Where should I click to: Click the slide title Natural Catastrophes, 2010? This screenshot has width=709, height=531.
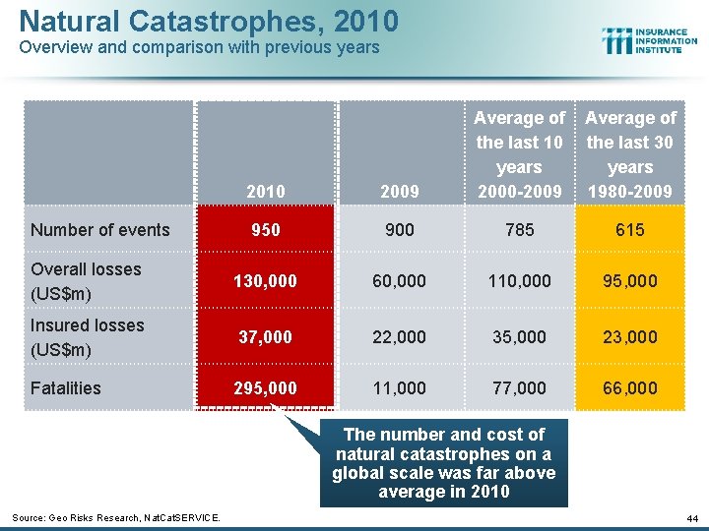pyautogui.click(x=209, y=21)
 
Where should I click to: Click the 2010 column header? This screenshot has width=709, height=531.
pyautogui.click(x=266, y=192)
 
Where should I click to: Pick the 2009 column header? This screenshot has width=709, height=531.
pyautogui.click(x=399, y=192)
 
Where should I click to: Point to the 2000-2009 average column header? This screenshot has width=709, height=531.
pyautogui.click(x=519, y=154)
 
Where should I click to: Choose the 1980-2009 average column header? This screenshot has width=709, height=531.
pyautogui.click(x=630, y=154)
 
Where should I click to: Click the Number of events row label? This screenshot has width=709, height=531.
pyautogui.click(x=99, y=230)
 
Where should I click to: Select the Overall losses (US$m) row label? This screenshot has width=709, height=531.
pyautogui.click(x=86, y=281)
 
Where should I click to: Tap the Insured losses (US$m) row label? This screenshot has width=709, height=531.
pyautogui.click(x=87, y=337)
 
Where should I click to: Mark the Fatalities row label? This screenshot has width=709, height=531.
pyautogui.click(x=65, y=388)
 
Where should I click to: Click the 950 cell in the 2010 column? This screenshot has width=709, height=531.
pyautogui.click(x=266, y=230)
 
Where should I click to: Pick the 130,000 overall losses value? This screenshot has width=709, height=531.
pyautogui.click(x=266, y=281)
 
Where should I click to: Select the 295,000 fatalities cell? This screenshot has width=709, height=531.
pyautogui.click(x=266, y=388)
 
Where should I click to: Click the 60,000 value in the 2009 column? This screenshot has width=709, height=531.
pyautogui.click(x=399, y=281)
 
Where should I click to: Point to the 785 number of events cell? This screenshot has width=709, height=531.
pyautogui.click(x=519, y=230)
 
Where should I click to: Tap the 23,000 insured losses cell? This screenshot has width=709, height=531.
pyautogui.click(x=630, y=337)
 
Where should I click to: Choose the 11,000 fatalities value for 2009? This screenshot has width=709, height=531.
pyautogui.click(x=399, y=388)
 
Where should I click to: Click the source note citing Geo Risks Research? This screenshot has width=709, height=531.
pyautogui.click(x=115, y=517)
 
